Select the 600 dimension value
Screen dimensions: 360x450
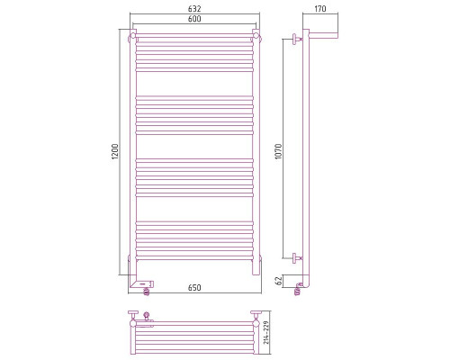[x=195, y=22]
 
